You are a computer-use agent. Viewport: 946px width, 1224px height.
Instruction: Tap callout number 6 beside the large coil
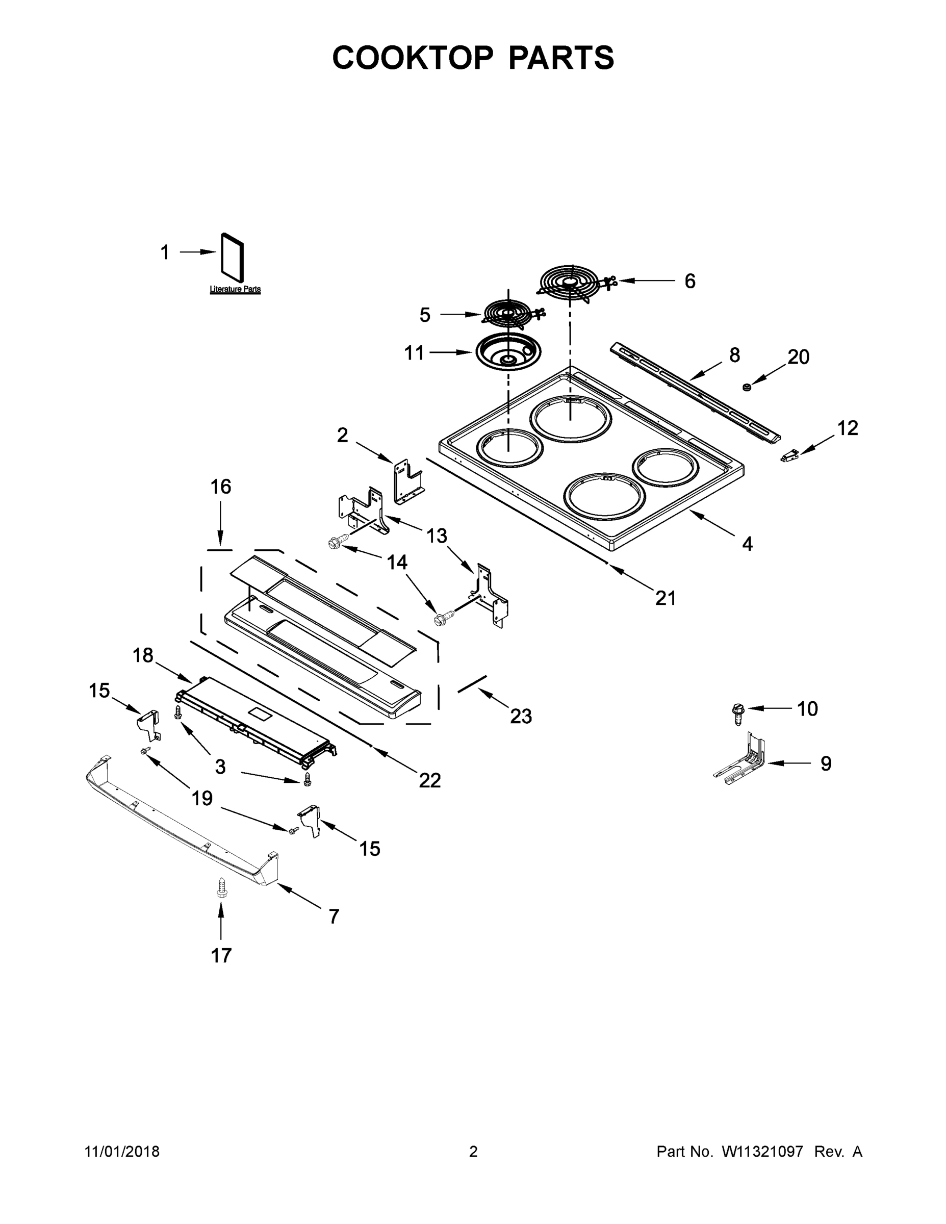click(690, 282)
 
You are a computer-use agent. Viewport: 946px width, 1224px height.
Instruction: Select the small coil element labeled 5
click(509, 314)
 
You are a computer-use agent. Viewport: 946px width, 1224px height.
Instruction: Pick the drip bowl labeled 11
click(508, 352)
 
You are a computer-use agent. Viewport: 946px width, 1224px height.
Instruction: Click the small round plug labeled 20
click(747, 386)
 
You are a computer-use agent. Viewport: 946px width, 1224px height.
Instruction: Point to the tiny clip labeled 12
click(789, 456)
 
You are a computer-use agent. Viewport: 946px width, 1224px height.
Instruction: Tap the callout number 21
click(666, 598)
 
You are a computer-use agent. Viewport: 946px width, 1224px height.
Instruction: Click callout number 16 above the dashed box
click(221, 487)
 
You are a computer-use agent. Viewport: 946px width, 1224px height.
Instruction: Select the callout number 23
click(521, 716)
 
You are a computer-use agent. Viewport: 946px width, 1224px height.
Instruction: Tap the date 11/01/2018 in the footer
click(122, 1151)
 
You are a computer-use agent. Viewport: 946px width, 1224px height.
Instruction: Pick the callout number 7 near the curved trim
click(334, 916)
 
